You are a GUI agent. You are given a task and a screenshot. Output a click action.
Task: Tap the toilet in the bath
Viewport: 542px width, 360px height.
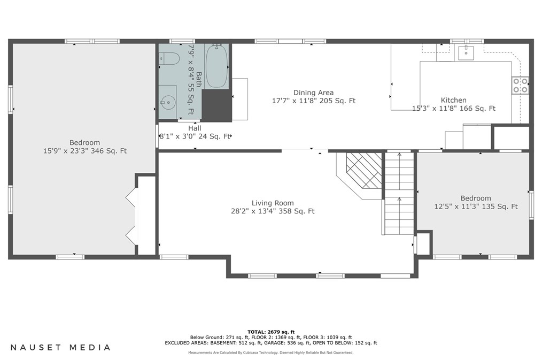[169, 58]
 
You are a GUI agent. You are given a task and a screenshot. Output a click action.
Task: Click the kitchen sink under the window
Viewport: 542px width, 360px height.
[466, 52]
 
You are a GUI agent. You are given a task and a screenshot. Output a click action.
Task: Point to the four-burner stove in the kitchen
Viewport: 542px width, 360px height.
[520, 86]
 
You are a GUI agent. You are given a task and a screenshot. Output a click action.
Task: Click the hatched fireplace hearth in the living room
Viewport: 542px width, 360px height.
[364, 171]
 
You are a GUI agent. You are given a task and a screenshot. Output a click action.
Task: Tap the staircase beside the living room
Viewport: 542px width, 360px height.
[399, 194]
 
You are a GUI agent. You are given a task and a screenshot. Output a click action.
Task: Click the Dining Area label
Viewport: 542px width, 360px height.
[314, 93]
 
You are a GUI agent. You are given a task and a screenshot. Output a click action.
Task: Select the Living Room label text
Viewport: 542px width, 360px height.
[273, 203]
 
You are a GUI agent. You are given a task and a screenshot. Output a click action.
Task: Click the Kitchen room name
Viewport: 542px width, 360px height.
[453, 100]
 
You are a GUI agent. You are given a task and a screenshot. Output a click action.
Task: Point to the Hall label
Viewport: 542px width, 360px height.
[195, 128]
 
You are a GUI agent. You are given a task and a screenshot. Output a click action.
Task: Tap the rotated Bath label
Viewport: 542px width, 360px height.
[199, 79]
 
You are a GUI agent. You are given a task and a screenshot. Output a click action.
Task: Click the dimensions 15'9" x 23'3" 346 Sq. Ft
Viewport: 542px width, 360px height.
[84, 151]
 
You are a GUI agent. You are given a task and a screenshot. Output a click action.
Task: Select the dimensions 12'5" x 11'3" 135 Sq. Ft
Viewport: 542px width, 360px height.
[476, 206]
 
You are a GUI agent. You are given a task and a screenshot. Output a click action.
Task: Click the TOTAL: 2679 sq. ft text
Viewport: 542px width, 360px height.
[271, 332]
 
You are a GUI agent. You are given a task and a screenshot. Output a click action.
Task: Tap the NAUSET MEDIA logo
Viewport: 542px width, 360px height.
[60, 348]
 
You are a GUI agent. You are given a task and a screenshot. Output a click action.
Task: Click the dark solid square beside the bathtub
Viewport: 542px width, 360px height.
[216, 105]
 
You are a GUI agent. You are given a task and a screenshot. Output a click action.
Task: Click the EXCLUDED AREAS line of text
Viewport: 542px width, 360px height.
[271, 343]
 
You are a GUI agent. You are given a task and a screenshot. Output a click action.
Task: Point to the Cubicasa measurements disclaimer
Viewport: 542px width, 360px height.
[271, 353]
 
